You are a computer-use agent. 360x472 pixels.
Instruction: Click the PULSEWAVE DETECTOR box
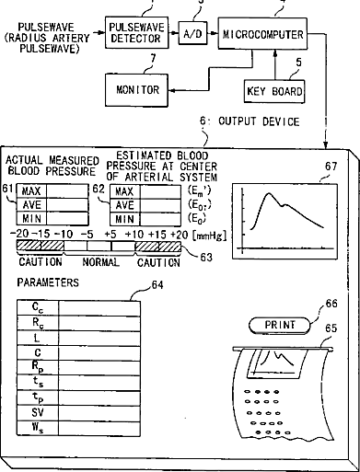click(x=137, y=33)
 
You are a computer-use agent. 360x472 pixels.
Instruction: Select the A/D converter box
click(x=192, y=33)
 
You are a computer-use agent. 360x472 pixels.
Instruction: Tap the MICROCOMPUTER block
click(x=262, y=34)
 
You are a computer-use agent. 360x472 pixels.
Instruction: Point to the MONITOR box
click(x=136, y=90)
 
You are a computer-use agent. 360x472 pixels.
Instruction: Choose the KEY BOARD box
click(x=274, y=91)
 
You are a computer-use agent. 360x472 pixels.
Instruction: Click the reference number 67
click(x=331, y=167)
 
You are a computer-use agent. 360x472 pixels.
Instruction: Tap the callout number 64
click(x=157, y=285)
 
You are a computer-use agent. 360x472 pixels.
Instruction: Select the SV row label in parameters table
click(x=38, y=412)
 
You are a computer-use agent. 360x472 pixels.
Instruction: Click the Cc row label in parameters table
click(x=38, y=307)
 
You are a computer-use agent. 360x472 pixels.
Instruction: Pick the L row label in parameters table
click(x=37, y=338)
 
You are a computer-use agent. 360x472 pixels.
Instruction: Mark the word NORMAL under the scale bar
click(x=100, y=262)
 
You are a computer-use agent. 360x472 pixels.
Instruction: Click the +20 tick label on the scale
click(x=179, y=235)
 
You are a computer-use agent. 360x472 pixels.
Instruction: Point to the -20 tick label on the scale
click(x=19, y=234)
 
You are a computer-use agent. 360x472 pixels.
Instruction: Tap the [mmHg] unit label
click(x=210, y=236)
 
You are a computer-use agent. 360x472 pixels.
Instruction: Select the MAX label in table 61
click(x=31, y=191)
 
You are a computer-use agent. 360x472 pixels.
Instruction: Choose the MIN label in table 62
click(x=124, y=219)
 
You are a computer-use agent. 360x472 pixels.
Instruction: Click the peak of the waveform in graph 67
click(x=269, y=193)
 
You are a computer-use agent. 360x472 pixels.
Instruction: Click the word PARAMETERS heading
click(x=48, y=282)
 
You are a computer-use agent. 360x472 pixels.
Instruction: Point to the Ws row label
click(x=38, y=428)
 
